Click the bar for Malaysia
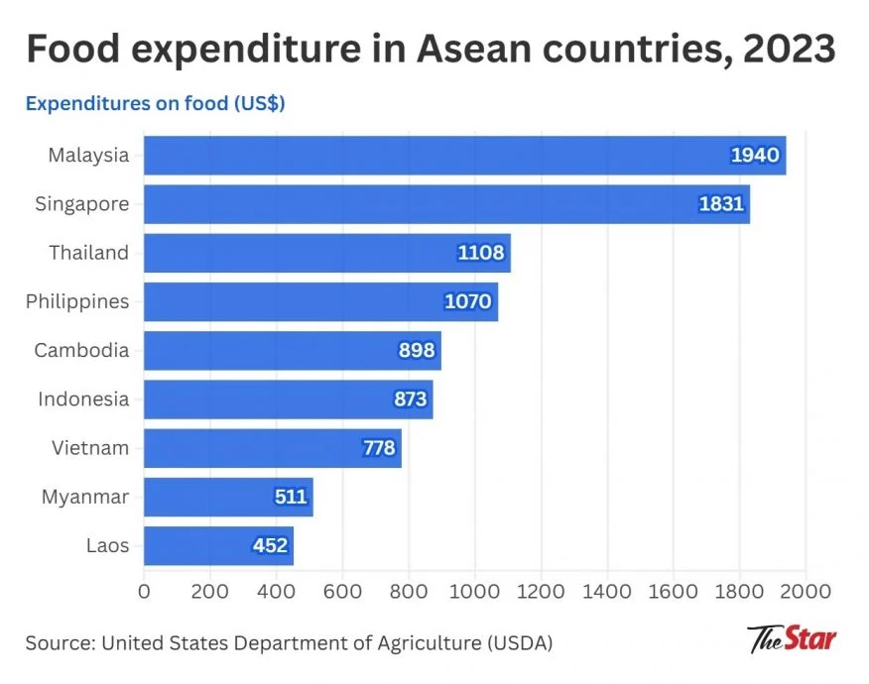click(x=464, y=156)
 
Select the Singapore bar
click(x=446, y=204)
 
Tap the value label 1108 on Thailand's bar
click(x=481, y=253)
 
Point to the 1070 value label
click(x=467, y=301)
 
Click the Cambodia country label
click(x=81, y=350)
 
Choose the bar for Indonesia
click(x=288, y=399)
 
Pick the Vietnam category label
click(x=90, y=448)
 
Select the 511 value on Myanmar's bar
click(x=291, y=497)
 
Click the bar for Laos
click(x=218, y=545)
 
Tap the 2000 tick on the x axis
click(x=805, y=593)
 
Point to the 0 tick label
click(x=145, y=593)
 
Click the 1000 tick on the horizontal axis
click(x=474, y=593)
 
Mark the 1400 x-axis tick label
click(x=606, y=593)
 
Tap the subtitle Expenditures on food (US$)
click(x=156, y=103)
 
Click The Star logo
click(x=792, y=637)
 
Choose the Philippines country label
click(x=77, y=301)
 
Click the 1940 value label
click(x=755, y=156)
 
